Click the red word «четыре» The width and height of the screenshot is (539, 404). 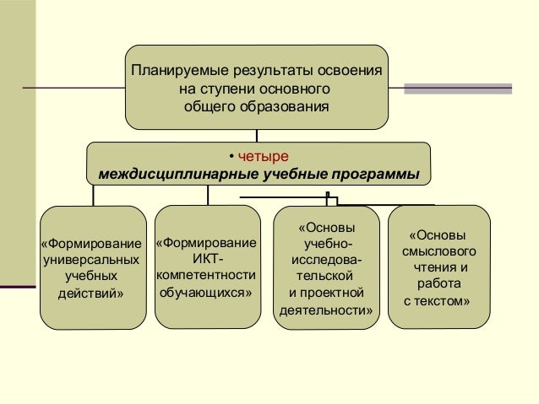[x=264, y=157]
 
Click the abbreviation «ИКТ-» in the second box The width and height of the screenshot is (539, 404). [x=208, y=259]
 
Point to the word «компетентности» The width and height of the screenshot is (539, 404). [x=208, y=276]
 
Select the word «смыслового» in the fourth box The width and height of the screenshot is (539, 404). [x=439, y=251]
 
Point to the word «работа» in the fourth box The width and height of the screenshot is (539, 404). [x=438, y=284]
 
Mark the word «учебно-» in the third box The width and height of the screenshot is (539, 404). [x=326, y=245]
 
